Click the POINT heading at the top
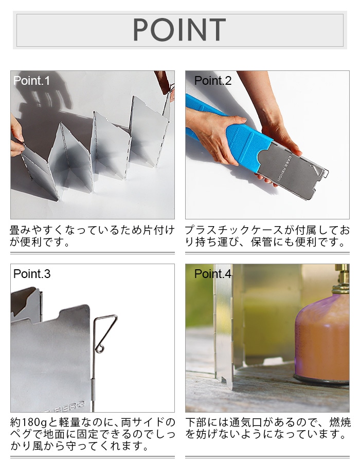point(179,29)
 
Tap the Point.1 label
point(31,81)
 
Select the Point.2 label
point(213,81)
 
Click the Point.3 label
point(32,274)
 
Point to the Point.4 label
point(213,274)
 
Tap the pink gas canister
point(322,337)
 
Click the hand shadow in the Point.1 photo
point(44,95)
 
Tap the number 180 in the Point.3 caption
point(31,422)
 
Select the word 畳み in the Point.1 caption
point(21,230)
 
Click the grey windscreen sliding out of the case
point(293,171)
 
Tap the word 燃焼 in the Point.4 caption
point(340,422)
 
